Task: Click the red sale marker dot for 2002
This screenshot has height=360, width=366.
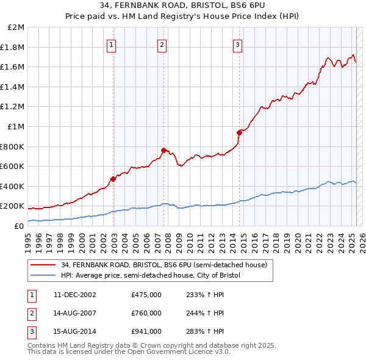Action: (x=113, y=179)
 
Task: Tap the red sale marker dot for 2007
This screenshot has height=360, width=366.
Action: (x=163, y=150)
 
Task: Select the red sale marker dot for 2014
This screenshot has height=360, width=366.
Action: (x=239, y=132)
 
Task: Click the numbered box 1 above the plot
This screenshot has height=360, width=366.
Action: (x=113, y=43)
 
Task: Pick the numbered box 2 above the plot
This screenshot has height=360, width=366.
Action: (x=162, y=43)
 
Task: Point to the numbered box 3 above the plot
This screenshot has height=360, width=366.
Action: (x=237, y=43)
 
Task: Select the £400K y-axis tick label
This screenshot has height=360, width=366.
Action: (x=13, y=186)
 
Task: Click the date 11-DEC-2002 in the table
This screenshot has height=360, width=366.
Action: (x=75, y=295)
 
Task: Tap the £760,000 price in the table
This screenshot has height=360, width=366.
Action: (x=146, y=313)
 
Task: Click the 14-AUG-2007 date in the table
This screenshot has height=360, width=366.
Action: (x=75, y=313)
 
